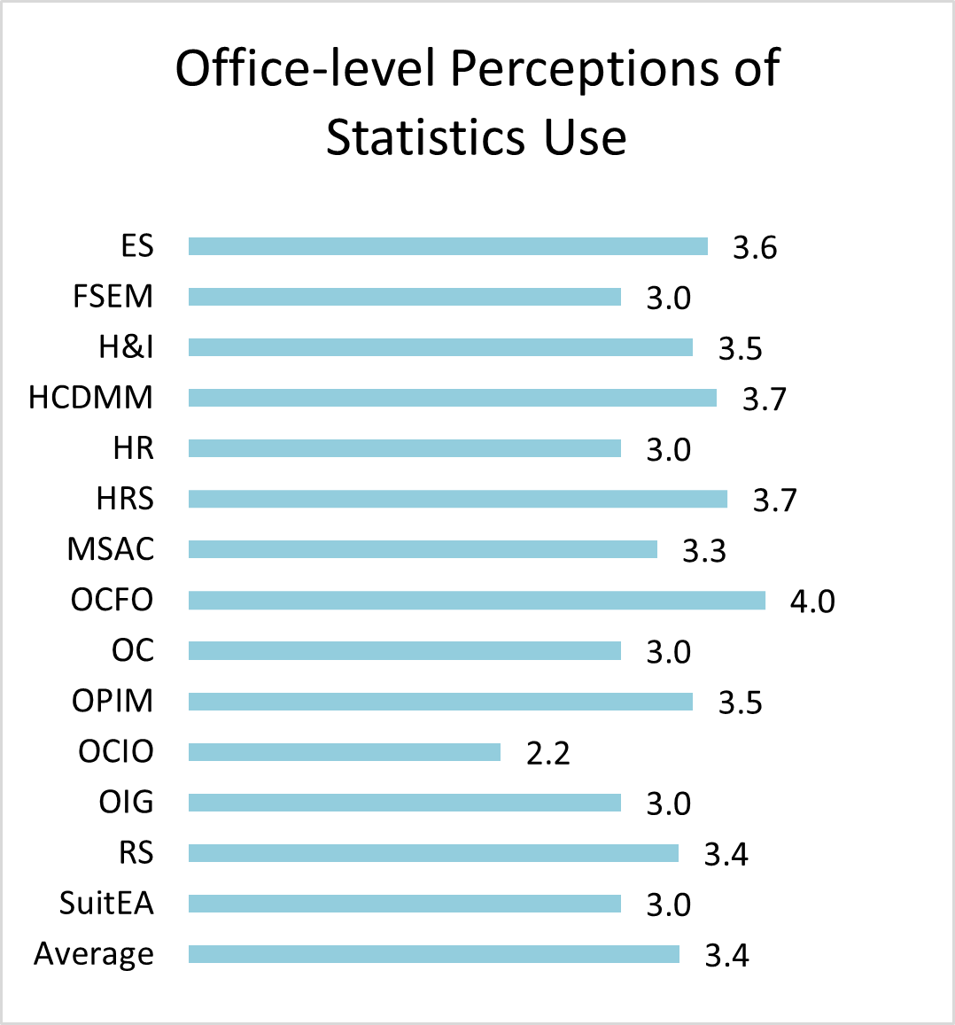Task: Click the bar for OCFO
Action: [477, 601]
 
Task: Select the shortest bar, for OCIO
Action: [344, 752]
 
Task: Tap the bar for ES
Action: [447, 246]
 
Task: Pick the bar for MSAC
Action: [423, 550]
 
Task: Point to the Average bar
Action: [433, 954]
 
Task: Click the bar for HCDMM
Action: [452, 398]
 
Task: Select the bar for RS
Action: [433, 853]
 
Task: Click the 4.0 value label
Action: [812, 602]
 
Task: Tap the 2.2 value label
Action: [547, 753]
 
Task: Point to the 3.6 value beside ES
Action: [755, 248]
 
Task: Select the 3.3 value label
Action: [704, 551]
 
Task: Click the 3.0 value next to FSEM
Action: [668, 298]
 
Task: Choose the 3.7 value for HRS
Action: [775, 501]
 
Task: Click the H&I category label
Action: [126, 346]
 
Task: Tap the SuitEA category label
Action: [106, 904]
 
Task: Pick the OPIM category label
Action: [113, 701]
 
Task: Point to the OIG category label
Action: [126, 803]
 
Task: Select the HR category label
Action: [133, 448]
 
